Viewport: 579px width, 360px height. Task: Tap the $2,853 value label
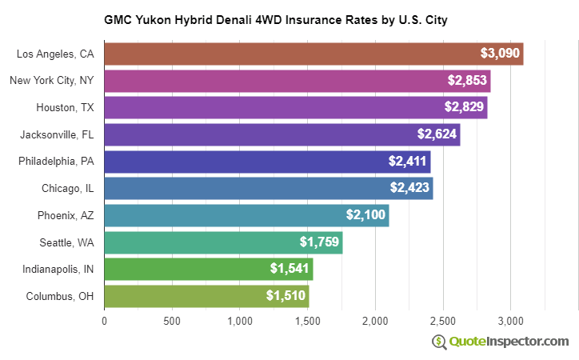tap(465, 82)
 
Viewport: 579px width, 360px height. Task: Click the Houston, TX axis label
tap(65, 108)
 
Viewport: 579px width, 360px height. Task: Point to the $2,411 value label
tap(408, 162)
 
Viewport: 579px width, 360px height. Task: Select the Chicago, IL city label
tap(68, 189)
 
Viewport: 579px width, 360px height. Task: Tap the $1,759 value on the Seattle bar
tap(319, 242)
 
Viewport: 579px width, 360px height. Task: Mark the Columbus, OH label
tap(60, 296)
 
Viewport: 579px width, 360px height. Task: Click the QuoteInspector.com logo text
tap(509, 342)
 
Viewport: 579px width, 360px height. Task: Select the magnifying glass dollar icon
tap(439, 342)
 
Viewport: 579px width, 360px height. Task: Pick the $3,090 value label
tap(501, 54)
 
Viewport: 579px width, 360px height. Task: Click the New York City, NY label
tap(52, 81)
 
